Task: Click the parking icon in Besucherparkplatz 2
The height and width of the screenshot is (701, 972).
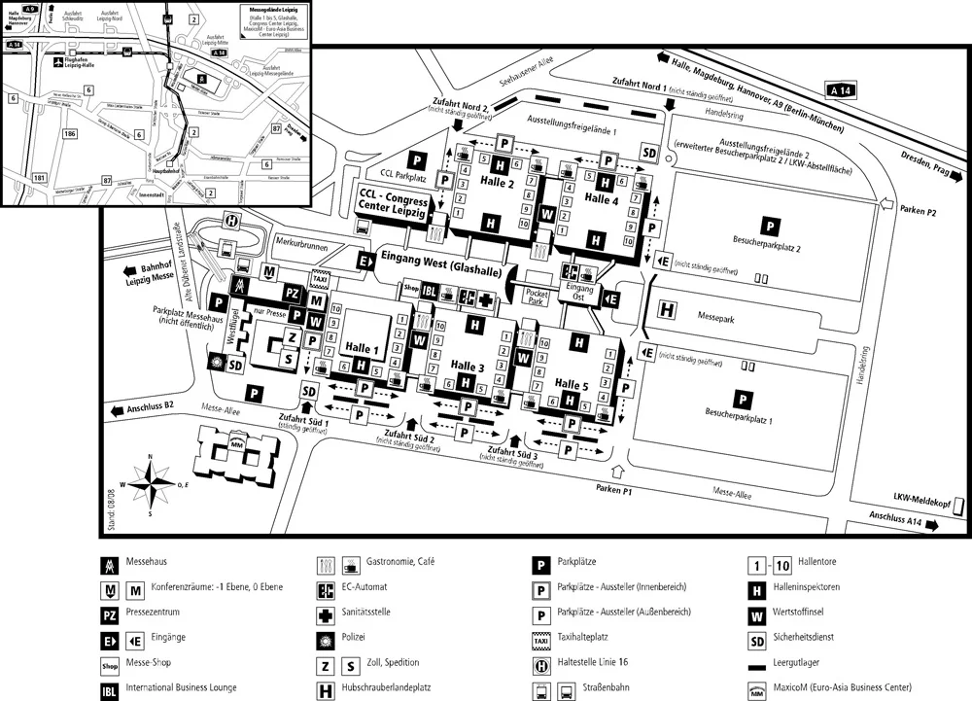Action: pos(769,225)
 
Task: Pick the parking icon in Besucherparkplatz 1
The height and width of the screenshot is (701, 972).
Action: pos(741,399)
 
